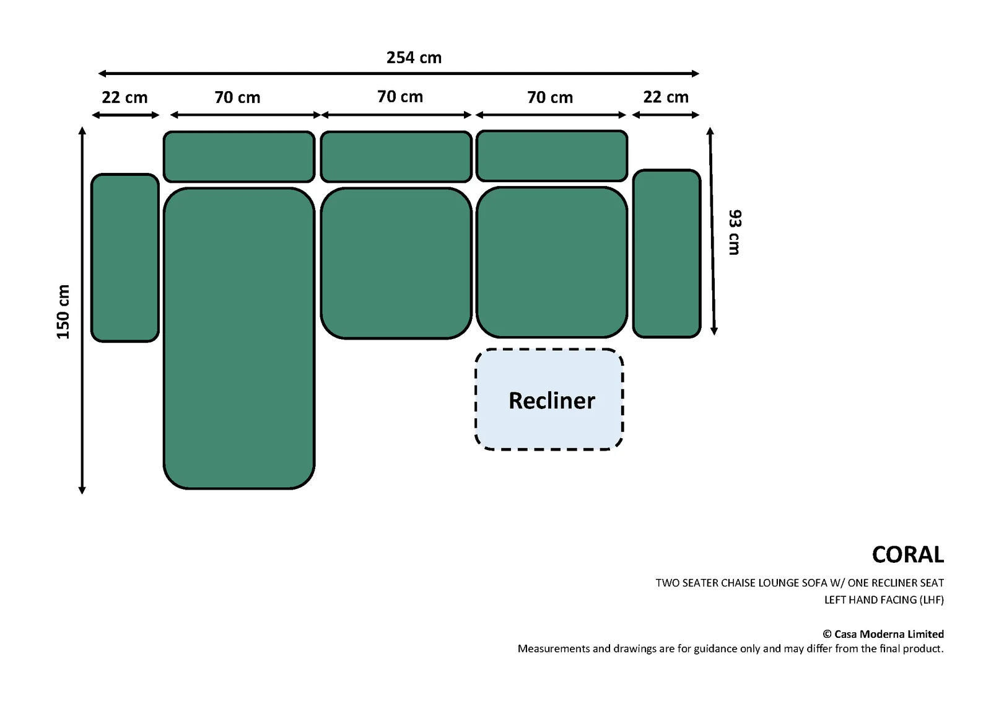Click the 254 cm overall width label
click(414, 58)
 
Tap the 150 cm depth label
click(63, 312)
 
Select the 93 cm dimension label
click(735, 232)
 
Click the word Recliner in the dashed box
click(552, 400)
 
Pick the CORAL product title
click(908, 555)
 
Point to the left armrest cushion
click(124, 258)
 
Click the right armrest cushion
click(666, 254)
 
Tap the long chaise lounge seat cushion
click(239, 338)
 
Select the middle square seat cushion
click(396, 263)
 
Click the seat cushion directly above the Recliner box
click(552, 262)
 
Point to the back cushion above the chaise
click(239, 156)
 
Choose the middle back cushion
click(396, 156)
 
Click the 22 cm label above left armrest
click(124, 97)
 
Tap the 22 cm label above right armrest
click(666, 97)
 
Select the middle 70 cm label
click(400, 97)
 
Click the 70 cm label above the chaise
click(238, 97)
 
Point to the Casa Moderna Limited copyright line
click(883, 634)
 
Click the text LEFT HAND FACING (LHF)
click(884, 600)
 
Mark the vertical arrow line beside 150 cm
click(82, 311)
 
